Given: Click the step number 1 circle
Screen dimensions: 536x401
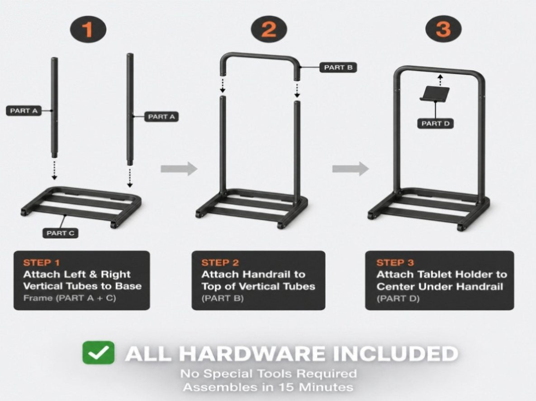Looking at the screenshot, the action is pos(88,29).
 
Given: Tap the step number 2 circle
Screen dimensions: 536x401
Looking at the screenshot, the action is pos(269,29).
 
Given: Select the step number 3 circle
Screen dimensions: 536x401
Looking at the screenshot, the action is pos(443,29).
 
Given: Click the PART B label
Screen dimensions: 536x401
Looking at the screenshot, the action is pos(338,68).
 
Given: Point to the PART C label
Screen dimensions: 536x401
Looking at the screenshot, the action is pos(61,233).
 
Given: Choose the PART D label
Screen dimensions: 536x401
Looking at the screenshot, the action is pos(435,123).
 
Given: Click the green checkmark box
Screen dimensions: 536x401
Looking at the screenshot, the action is pos(99,353).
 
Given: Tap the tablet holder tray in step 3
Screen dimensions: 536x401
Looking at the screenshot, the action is pos(435,94).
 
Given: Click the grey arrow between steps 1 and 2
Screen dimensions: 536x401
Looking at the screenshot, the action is pos(179,169).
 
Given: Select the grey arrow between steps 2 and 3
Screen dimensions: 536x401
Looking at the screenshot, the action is pos(351,169).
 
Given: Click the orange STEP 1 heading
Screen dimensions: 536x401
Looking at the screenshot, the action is pos(41,263).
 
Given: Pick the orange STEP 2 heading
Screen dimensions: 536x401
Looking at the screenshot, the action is pos(220,263).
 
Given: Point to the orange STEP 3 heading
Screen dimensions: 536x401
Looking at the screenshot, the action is pos(395,263).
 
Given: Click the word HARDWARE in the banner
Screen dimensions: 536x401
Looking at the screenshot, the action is pos(252,353).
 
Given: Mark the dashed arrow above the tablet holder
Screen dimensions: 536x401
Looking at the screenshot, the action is pos(440,80).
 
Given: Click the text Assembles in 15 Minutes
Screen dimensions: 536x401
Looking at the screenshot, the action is pos(268,387).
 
